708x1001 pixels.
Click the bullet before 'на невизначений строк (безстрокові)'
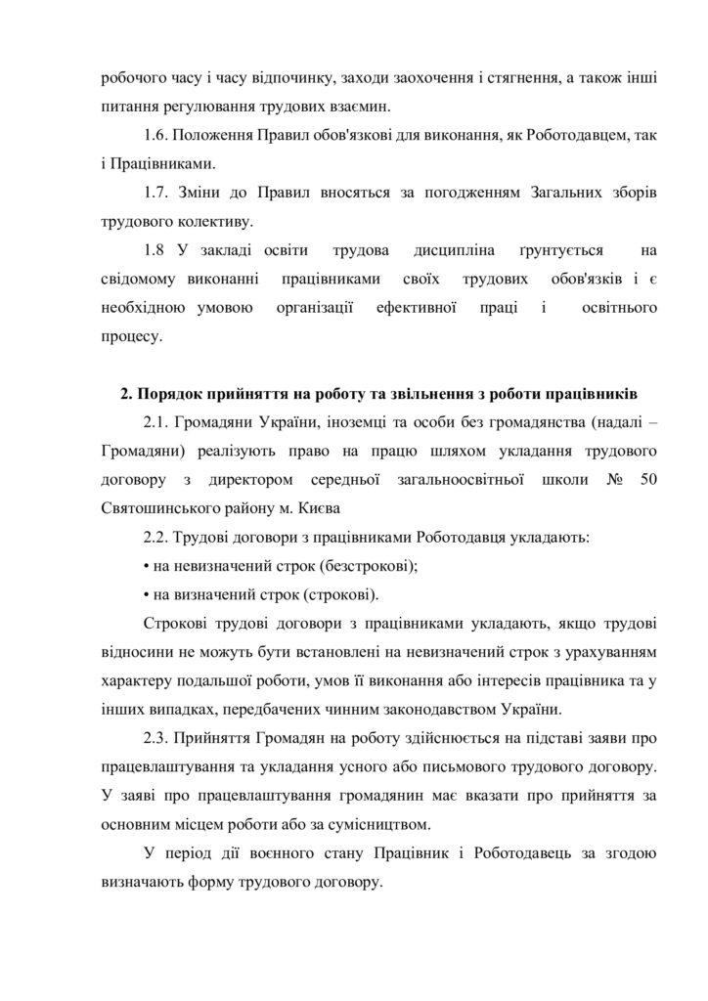pyautogui.click(x=146, y=565)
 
